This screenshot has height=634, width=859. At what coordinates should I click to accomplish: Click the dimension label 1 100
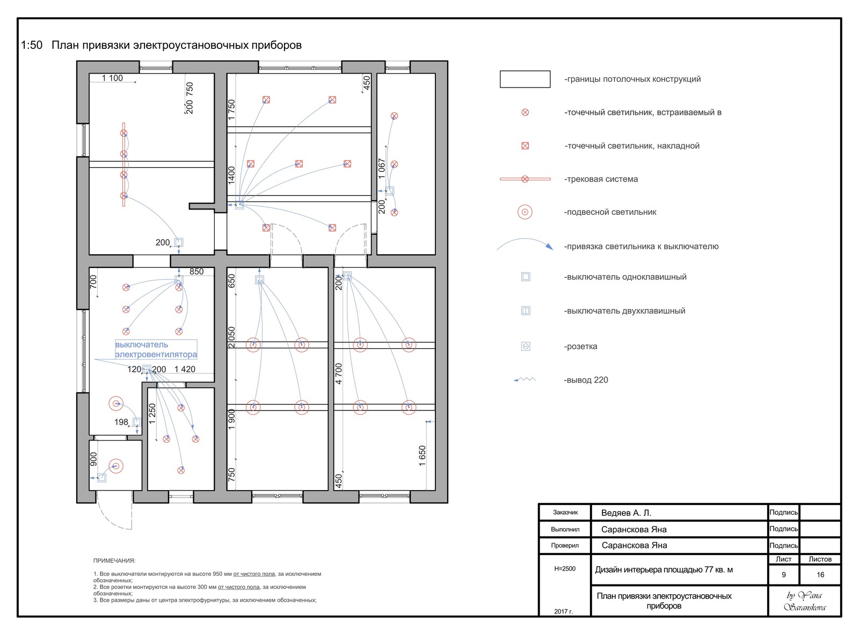click(112, 78)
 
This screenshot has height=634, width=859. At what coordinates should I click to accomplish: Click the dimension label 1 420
click(185, 370)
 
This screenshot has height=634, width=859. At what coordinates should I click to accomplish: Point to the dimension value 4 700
click(339, 374)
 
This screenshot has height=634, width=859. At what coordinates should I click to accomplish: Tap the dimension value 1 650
click(423, 456)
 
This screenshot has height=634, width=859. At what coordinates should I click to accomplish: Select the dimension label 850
click(196, 272)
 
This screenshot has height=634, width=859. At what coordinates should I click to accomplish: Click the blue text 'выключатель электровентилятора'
click(156, 350)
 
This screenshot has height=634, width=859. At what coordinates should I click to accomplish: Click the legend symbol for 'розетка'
click(526, 347)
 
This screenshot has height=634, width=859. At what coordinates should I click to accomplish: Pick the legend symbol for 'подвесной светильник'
click(525, 212)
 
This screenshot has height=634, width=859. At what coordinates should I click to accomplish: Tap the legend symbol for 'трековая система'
click(525, 179)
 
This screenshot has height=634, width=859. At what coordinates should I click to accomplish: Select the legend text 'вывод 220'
click(586, 380)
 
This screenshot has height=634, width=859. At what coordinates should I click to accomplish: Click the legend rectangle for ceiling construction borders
click(525, 79)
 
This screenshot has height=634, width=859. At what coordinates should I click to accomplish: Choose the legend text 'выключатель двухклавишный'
click(625, 311)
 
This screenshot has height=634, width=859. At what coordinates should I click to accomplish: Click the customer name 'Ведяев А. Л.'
click(626, 513)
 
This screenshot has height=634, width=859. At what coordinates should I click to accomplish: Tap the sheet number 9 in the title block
click(783, 575)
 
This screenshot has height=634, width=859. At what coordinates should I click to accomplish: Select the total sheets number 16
click(820, 575)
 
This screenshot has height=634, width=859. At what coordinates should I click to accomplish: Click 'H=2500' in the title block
click(565, 569)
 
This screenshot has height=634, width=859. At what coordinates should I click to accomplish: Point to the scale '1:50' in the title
click(32, 46)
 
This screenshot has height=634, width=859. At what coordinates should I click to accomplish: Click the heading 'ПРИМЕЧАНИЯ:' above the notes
click(114, 561)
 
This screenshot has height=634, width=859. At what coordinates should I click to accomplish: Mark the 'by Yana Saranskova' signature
click(804, 601)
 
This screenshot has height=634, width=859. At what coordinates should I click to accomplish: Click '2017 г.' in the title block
click(564, 611)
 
